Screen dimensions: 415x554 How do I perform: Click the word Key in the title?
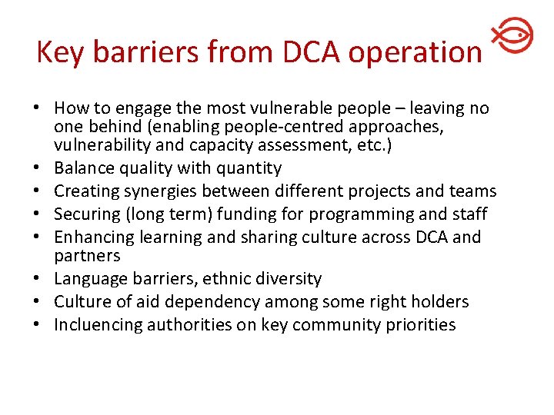pos(57,52)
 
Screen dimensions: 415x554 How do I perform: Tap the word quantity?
pos(249,168)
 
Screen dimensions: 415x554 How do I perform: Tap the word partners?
pos(87,256)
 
